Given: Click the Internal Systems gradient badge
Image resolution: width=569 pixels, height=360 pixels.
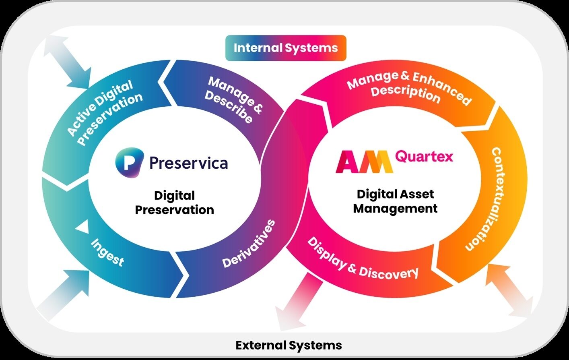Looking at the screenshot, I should point(286,48).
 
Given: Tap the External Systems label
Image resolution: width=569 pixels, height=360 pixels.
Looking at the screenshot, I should point(289,345).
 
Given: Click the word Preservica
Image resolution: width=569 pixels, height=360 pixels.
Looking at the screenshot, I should point(188,163).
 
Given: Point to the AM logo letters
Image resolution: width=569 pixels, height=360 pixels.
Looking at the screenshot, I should point(364,161).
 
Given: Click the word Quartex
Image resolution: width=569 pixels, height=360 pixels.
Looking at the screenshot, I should point(424,156).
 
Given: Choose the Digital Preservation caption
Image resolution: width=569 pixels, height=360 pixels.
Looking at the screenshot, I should point(174,203).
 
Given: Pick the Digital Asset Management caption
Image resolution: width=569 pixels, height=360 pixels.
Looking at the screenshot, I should point(395,201).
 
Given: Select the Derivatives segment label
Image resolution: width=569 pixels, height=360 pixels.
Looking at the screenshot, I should point(249,244).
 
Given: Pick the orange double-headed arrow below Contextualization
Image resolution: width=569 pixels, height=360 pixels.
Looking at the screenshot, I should point(509,290).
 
